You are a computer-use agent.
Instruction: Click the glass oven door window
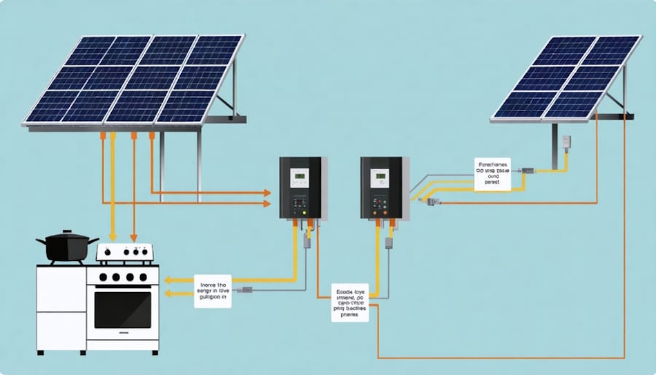pos(122,310)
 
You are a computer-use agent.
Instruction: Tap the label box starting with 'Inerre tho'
pos(213,291)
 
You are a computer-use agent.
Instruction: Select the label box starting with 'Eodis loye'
pos(349,303)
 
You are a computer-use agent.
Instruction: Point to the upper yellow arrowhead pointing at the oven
pos(168,280)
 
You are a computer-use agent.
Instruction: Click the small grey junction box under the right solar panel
pos(566,142)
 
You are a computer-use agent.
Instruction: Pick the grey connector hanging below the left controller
pos(305,241)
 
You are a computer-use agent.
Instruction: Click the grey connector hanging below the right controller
pos(389,242)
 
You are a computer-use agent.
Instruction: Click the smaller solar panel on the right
pos(566,77)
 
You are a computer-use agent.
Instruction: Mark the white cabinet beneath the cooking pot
pos(61,308)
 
